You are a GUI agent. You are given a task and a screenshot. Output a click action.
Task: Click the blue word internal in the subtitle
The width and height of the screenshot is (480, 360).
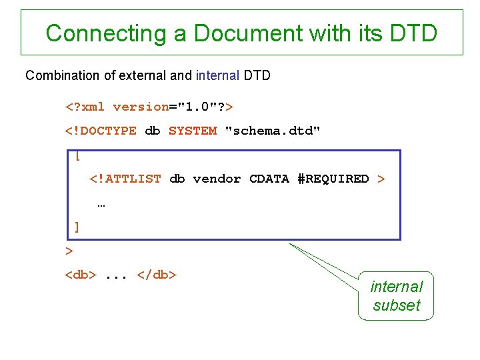[217, 75]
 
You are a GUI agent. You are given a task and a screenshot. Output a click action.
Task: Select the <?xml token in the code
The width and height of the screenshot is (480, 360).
[85, 107]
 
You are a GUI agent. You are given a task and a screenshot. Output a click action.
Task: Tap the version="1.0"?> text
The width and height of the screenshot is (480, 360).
[173, 107]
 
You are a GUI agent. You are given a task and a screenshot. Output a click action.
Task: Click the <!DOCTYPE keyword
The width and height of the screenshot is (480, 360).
[100, 131]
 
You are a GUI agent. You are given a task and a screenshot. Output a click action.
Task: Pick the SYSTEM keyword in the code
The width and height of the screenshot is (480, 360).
[193, 131]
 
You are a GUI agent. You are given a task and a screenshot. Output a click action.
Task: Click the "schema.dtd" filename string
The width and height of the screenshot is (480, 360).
[273, 131]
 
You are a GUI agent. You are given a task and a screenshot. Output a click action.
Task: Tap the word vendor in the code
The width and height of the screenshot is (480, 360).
[217, 179]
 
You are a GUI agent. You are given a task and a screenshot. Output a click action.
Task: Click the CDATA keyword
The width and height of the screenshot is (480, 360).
[269, 179]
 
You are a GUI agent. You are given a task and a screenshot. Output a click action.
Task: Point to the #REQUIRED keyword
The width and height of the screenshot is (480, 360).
[333, 179]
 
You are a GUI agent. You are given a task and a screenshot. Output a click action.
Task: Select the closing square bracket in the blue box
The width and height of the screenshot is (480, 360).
[77, 227]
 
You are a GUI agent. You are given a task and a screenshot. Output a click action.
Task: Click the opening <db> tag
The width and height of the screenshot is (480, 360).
[81, 274]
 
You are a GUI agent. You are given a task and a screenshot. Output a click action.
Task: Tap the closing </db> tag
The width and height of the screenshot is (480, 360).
[156, 274]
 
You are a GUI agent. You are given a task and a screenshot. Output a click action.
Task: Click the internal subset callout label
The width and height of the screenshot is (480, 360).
[396, 296]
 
